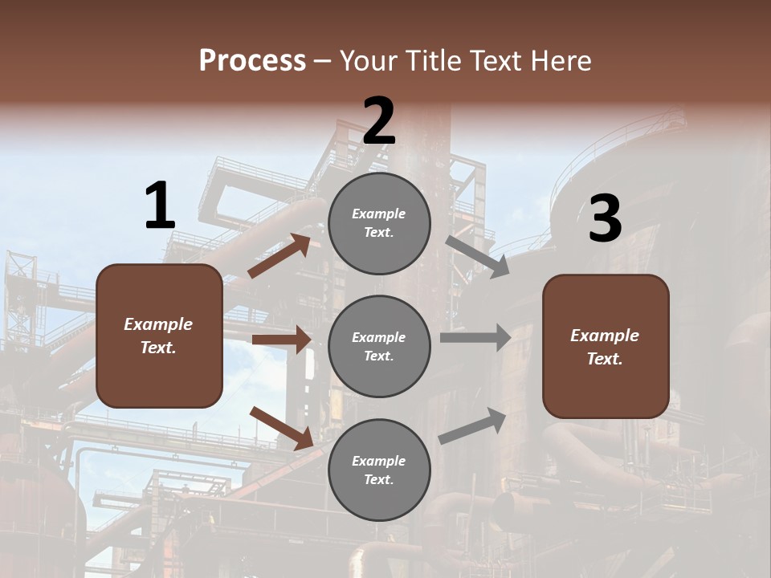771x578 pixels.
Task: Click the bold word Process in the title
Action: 252,60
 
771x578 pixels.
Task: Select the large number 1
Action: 160,206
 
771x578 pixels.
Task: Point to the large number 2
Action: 379,121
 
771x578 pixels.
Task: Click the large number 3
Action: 605,219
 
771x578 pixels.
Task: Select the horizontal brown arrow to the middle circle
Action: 281,340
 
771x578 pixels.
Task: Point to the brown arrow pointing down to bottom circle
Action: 282,427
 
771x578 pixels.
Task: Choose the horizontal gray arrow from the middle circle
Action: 475,337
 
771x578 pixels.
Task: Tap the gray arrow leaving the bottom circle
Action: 472,426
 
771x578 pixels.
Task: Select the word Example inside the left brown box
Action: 158,324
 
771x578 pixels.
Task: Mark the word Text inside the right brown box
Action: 604,359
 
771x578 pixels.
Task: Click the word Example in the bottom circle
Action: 378,461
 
